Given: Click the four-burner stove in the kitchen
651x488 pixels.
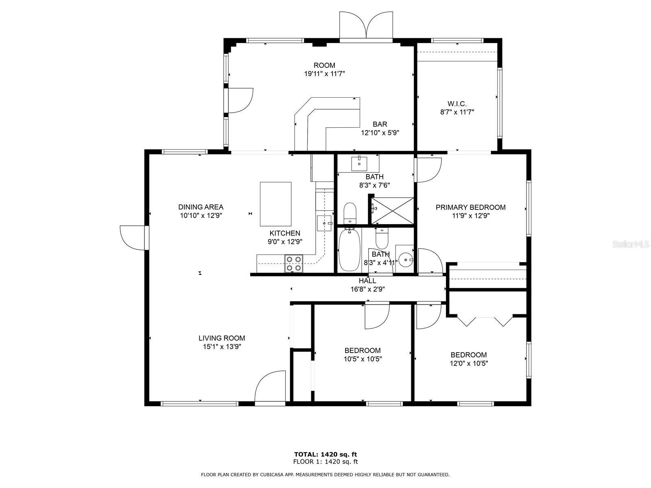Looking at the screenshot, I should pyautogui.click(x=294, y=263).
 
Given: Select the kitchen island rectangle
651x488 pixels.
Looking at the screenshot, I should pyautogui.click(x=275, y=204).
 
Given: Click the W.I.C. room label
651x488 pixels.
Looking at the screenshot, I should pyautogui.click(x=457, y=104).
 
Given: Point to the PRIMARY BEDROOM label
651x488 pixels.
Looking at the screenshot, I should pyautogui.click(x=470, y=207).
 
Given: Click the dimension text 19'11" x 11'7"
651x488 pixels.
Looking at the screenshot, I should pyautogui.click(x=324, y=74).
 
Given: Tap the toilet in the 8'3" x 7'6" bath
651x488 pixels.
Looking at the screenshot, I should pyautogui.click(x=350, y=213).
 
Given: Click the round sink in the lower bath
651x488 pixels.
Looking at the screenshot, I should pyautogui.click(x=405, y=259).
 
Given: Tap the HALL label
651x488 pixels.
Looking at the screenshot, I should pyautogui.click(x=367, y=281).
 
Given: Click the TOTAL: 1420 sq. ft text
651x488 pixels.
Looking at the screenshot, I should pyautogui.click(x=325, y=454).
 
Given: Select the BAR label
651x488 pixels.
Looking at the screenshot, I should pyautogui.click(x=380, y=124).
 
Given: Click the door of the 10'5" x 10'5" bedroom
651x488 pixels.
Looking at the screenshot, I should pyautogui.click(x=377, y=316).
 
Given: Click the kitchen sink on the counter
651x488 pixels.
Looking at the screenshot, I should pyautogui.click(x=325, y=223).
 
